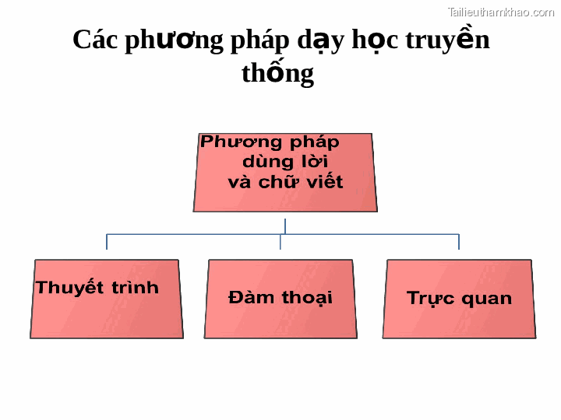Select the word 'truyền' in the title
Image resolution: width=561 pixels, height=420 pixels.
(x=453, y=40)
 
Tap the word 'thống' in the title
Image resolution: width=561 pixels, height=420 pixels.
(x=277, y=73)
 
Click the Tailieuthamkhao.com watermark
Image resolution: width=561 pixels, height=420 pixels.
(x=500, y=12)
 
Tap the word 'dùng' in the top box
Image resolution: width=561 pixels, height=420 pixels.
(x=266, y=162)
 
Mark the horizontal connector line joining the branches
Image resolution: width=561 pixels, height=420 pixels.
(x=195, y=234)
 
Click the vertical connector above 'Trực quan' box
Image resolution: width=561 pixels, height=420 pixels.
(x=458, y=242)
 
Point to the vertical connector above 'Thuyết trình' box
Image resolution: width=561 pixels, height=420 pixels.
(x=107, y=242)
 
